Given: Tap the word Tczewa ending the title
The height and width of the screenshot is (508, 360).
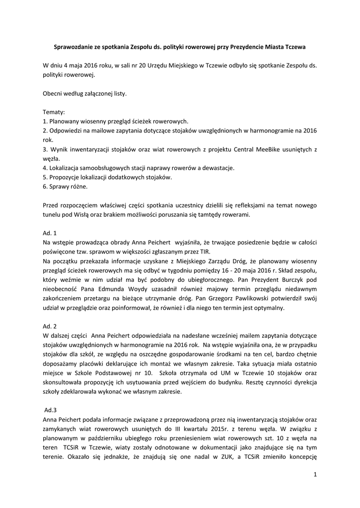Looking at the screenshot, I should [295, 47].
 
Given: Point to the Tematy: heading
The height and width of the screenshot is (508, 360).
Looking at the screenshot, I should [54, 112].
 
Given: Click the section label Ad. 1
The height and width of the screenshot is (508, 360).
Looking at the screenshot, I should [50, 233].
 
